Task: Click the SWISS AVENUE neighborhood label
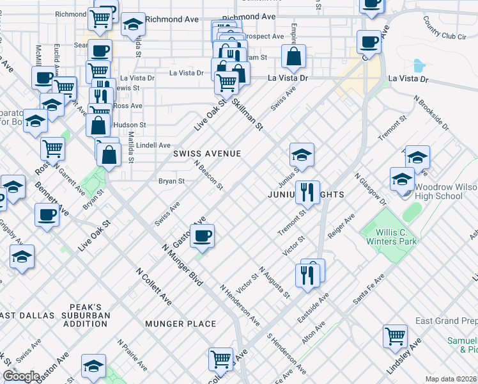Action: tap(207, 154)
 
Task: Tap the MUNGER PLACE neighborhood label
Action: tap(180, 324)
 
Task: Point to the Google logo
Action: tap(21, 376)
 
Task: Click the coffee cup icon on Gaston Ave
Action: tap(203, 236)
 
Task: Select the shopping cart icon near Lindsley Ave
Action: tap(396, 335)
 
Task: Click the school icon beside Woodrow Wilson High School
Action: tap(402, 179)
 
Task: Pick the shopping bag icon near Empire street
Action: tap(293, 58)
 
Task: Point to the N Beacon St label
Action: tap(208, 175)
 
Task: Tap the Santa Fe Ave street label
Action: tap(369, 289)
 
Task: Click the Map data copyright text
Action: tap(451, 379)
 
